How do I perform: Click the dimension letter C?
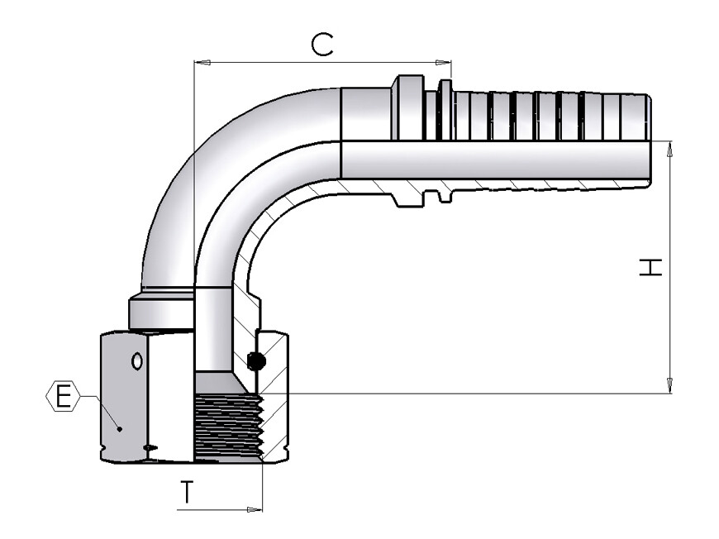pyautogui.click(x=322, y=45)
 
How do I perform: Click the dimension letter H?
pyautogui.click(x=650, y=267)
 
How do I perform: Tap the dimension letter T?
pyautogui.click(x=187, y=492)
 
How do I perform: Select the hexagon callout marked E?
pyautogui.click(x=64, y=396)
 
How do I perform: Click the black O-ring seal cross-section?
pyautogui.click(x=256, y=361)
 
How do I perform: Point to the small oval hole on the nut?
pyautogui.click(x=136, y=361)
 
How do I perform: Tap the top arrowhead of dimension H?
pyautogui.click(x=670, y=150)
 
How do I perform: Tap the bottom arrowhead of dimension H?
pyautogui.click(x=670, y=385)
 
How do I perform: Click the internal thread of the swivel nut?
pyautogui.click(x=229, y=426)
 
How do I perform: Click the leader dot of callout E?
pyautogui.click(x=120, y=429)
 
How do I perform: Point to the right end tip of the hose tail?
pyautogui.click(x=650, y=140)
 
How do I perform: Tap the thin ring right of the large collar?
pyautogui.click(x=445, y=110)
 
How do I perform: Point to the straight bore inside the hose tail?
pyautogui.click(x=495, y=160)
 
